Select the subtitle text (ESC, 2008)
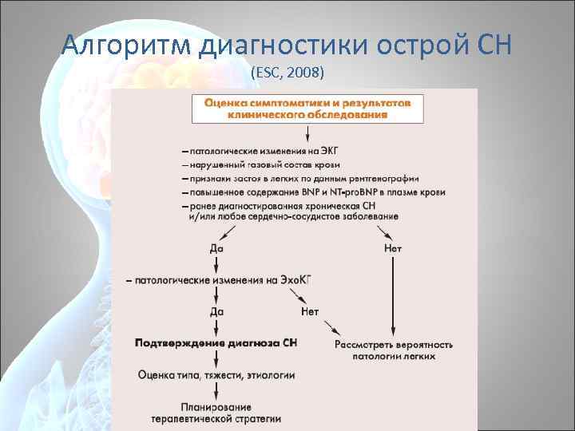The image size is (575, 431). point(287,73)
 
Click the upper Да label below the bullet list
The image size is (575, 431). point(216,248)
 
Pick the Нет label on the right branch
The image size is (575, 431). point(392,248)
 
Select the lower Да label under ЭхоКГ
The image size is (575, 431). point(216,311)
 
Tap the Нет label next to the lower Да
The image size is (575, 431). point(309,311)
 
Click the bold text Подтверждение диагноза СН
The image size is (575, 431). point(216,342)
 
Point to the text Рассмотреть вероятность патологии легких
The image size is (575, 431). point(393,350)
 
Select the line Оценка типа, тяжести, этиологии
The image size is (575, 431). point(216,374)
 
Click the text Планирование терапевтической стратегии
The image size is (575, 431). point(216,412)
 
